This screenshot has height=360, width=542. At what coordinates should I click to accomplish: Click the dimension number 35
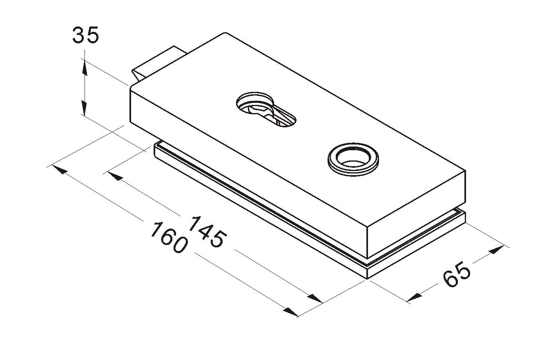86,35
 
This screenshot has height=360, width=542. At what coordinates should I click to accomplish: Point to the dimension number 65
457,274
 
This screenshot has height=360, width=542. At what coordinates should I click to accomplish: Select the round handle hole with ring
353,159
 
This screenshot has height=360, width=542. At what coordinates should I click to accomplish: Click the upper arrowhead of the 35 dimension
85,67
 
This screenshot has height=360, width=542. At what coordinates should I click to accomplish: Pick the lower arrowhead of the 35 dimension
84,108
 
